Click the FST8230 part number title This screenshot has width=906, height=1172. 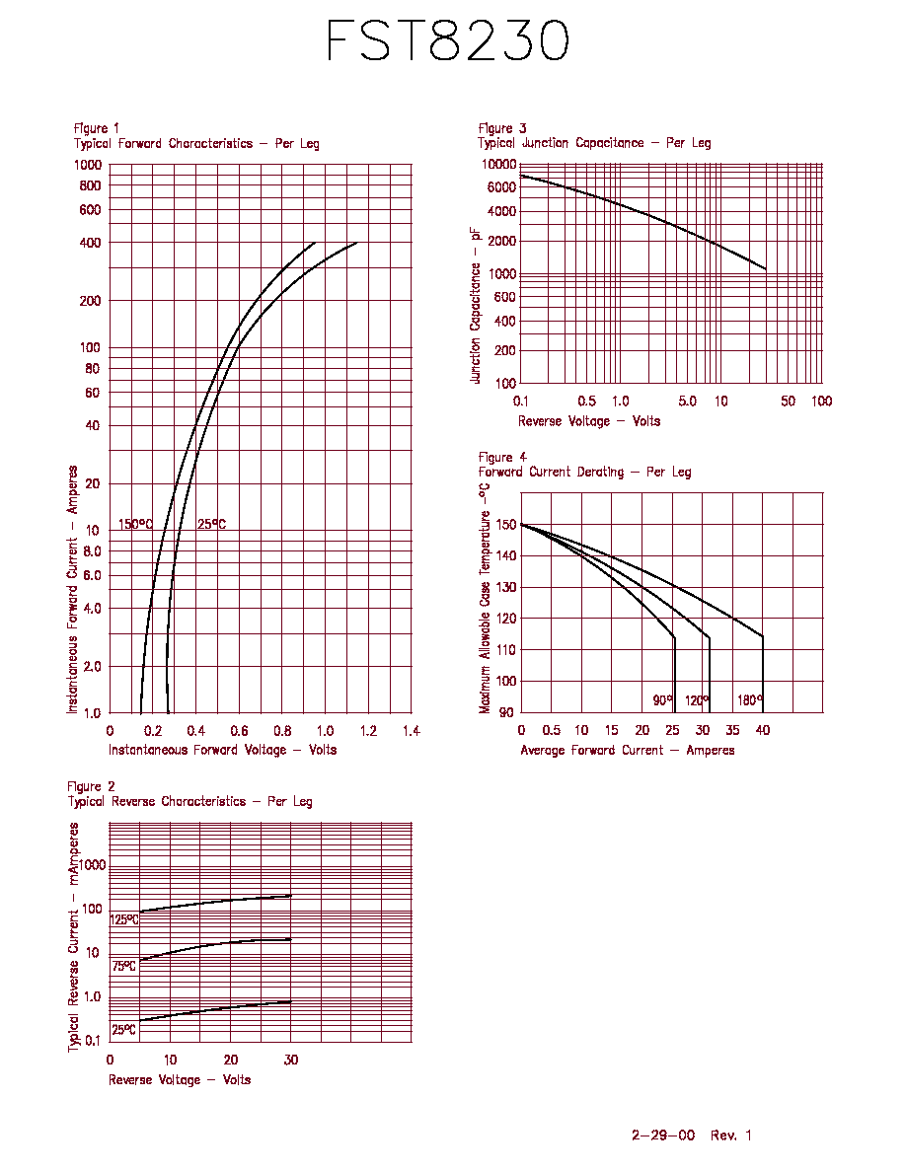pos(448,40)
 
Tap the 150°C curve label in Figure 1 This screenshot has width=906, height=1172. pos(135,524)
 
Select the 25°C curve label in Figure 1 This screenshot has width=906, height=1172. pos(211,524)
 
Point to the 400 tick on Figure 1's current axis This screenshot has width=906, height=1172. pos(91,242)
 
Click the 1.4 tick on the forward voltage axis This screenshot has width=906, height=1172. pos(412,731)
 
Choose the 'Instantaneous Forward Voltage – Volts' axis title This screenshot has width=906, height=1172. pos(223,750)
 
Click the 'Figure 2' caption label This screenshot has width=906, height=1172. pos(91,786)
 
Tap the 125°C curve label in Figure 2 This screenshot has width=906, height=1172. pos(124,919)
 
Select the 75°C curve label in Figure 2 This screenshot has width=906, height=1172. pos(124,966)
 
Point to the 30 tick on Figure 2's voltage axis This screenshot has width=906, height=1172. pos(291,1060)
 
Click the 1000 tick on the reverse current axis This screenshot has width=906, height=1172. pos(93,865)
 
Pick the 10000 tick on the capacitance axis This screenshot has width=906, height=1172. pos(498,164)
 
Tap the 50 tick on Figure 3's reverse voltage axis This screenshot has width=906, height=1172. pos(788,402)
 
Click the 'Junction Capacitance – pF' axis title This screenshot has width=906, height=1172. pos(475,305)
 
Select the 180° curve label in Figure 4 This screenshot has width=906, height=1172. pos(750,700)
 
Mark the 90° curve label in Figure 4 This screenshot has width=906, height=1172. pos(662,700)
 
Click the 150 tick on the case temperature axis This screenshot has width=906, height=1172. pos(506,525)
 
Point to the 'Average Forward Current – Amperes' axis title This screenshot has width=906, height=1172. pos(628,750)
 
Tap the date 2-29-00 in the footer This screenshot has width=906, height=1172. pos(663,1135)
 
